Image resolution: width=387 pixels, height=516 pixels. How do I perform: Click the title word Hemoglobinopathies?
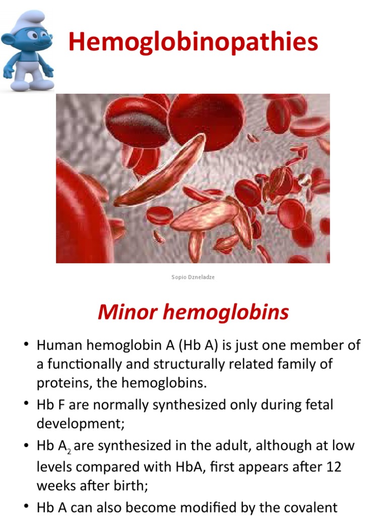[193, 41]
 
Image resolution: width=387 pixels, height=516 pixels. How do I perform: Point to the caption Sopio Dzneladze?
[193, 277]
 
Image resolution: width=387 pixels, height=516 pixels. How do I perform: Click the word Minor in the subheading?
[123, 312]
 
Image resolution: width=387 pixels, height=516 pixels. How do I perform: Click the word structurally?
[196, 364]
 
